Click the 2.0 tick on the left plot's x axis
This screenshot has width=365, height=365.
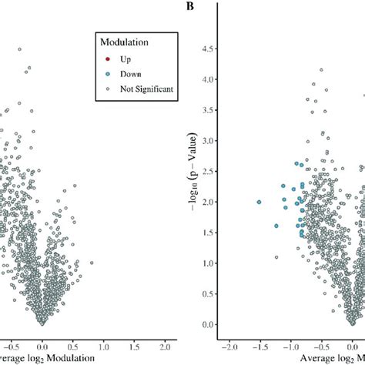pyautogui.click(x=164, y=347)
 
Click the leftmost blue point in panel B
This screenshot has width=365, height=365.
pyautogui.click(x=259, y=202)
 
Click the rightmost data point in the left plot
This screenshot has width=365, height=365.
pyautogui.click(x=92, y=263)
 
